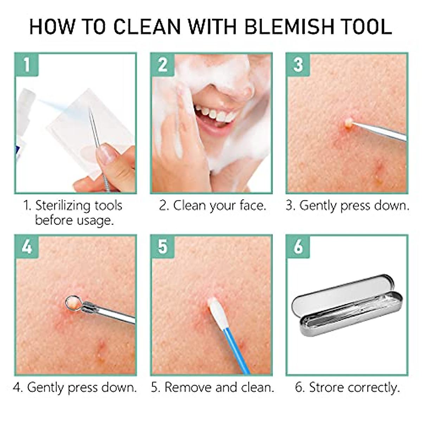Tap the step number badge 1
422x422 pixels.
coord(27,65)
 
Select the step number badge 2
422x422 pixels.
coord(162,65)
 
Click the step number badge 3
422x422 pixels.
coord(298,65)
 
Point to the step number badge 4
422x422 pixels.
coord(27,247)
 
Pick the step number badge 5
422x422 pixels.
coord(162,247)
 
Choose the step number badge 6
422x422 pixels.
coord(298,247)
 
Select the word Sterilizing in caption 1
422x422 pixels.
coord(78,205)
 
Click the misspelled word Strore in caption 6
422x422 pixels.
coord(326,387)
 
